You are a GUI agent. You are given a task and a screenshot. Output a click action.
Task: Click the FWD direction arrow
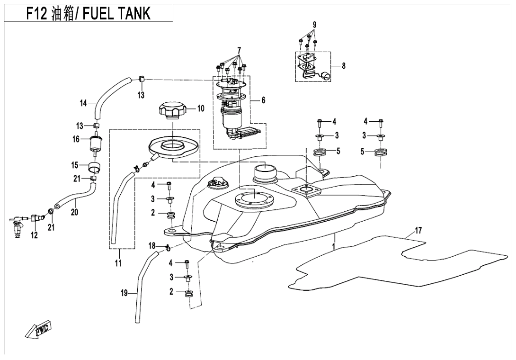pos(38,331)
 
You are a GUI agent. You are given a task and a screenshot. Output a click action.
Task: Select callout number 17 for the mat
pos(418,230)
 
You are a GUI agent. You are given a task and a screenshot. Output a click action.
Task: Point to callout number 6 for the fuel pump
pos(264,100)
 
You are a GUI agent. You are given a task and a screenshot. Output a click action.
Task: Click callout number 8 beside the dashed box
pos(343,66)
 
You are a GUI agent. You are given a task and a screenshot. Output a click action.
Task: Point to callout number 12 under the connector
pos(34,235)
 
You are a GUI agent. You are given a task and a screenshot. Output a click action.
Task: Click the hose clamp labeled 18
pos(167,246)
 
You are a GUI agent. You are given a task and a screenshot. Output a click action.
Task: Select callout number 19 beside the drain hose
pos(124,294)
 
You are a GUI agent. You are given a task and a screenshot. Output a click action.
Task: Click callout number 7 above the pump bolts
pos(239,50)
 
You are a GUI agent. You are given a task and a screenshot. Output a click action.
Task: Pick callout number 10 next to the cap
pos(201,108)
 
